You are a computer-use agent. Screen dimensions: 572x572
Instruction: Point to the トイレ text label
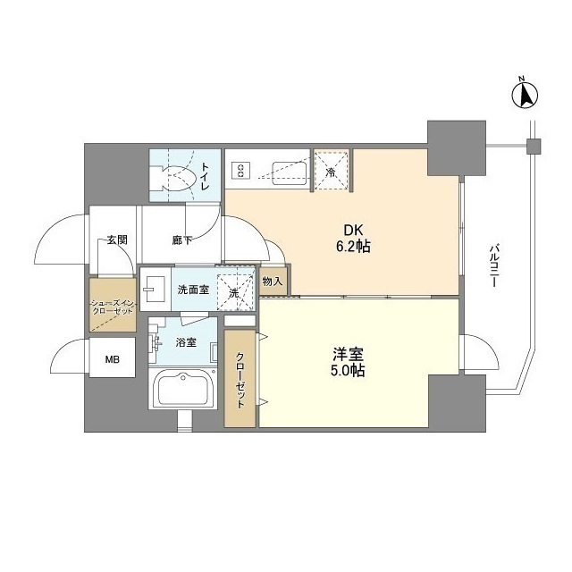pyautogui.click(x=206, y=171)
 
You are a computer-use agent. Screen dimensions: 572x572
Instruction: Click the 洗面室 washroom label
pyautogui.click(x=192, y=290)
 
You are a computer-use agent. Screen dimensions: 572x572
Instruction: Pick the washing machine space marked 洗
pyautogui.click(x=233, y=291)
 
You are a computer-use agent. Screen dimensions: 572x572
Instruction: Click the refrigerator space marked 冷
pyautogui.click(x=330, y=171)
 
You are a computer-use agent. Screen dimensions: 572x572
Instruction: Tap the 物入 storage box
pyautogui.click(x=273, y=282)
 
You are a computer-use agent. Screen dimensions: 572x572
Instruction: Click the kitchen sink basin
pyautogui.click(x=285, y=170)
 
